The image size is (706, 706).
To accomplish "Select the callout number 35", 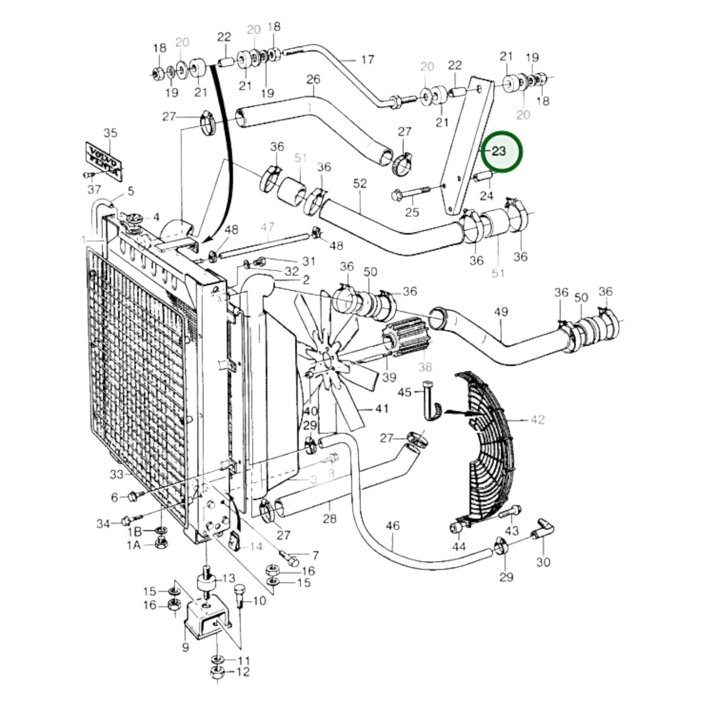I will tap(110, 133).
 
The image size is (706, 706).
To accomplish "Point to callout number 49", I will tap(501, 312).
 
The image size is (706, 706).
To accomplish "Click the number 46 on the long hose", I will tap(392, 526).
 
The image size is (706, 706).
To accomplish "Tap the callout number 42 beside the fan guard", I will tap(537, 420).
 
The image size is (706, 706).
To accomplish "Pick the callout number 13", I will tap(229, 579).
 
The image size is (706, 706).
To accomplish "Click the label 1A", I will tap(134, 545).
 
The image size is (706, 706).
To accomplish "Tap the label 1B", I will tap(134, 532).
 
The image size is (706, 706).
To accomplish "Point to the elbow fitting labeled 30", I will tap(543, 529).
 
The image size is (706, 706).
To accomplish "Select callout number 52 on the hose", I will tap(360, 184).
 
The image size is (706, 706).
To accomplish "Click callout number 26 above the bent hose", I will tap(313, 79).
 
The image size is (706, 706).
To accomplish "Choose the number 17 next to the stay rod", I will tap(367, 60).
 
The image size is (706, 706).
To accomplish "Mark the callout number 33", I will tap(116, 474).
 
